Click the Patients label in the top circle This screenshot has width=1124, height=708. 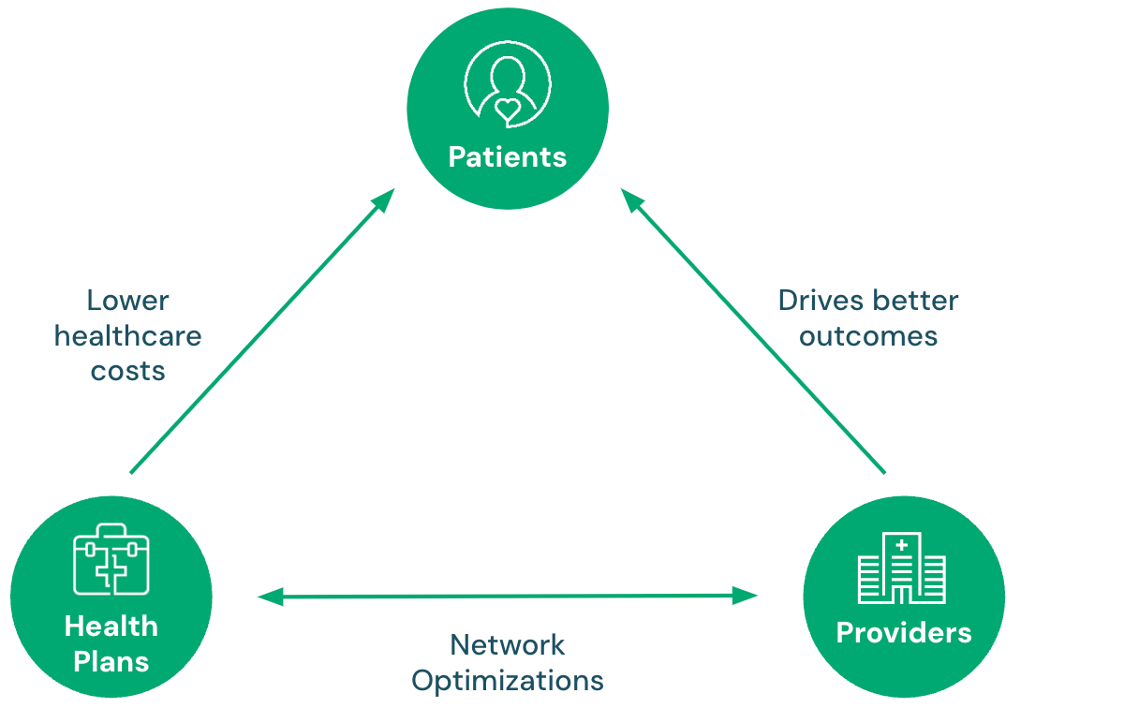(x=508, y=156)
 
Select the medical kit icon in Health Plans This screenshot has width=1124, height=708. (x=111, y=559)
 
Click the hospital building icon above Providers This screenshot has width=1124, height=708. (x=902, y=568)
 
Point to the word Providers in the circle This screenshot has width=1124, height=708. (x=904, y=633)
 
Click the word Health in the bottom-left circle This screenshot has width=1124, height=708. (x=111, y=626)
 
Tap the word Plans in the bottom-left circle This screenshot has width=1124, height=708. (x=111, y=661)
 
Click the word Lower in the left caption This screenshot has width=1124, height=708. (x=128, y=301)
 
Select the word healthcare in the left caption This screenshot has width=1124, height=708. (x=128, y=335)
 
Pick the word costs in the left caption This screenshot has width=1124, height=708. (x=128, y=370)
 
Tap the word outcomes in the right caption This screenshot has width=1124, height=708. (x=868, y=335)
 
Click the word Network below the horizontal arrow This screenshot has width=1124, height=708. (x=508, y=644)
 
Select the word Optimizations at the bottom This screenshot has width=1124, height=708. (x=508, y=680)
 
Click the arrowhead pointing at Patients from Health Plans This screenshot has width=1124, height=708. (x=385, y=199)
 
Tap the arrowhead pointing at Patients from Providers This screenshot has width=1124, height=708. (x=632, y=199)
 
